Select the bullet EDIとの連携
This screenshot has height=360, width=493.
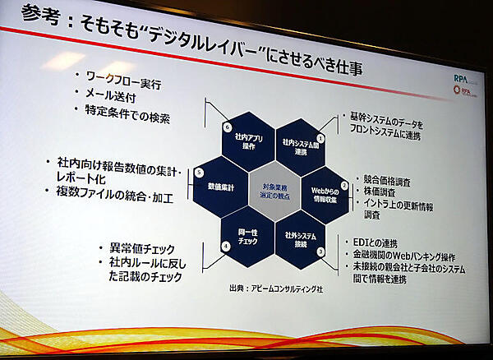point(383,243)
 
